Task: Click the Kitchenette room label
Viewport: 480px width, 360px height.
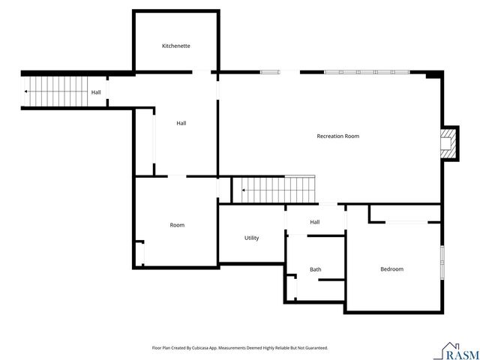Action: (x=176, y=46)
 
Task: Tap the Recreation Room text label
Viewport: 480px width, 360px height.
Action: (x=337, y=136)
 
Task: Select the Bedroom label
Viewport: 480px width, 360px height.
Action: (x=391, y=269)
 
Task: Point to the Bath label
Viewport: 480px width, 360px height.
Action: (x=316, y=269)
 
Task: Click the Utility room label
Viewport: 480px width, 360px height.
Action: (x=252, y=238)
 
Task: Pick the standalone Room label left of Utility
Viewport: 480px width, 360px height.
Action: (x=177, y=225)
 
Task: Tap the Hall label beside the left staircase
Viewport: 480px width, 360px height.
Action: (x=96, y=92)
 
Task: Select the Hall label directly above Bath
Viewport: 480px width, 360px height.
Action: (x=315, y=222)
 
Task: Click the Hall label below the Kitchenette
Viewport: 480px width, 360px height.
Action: (x=181, y=123)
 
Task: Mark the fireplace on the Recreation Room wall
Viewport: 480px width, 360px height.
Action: (x=448, y=142)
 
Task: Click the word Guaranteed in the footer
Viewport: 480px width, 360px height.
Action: (x=315, y=348)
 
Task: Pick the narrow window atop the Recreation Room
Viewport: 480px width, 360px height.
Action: (x=270, y=72)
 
